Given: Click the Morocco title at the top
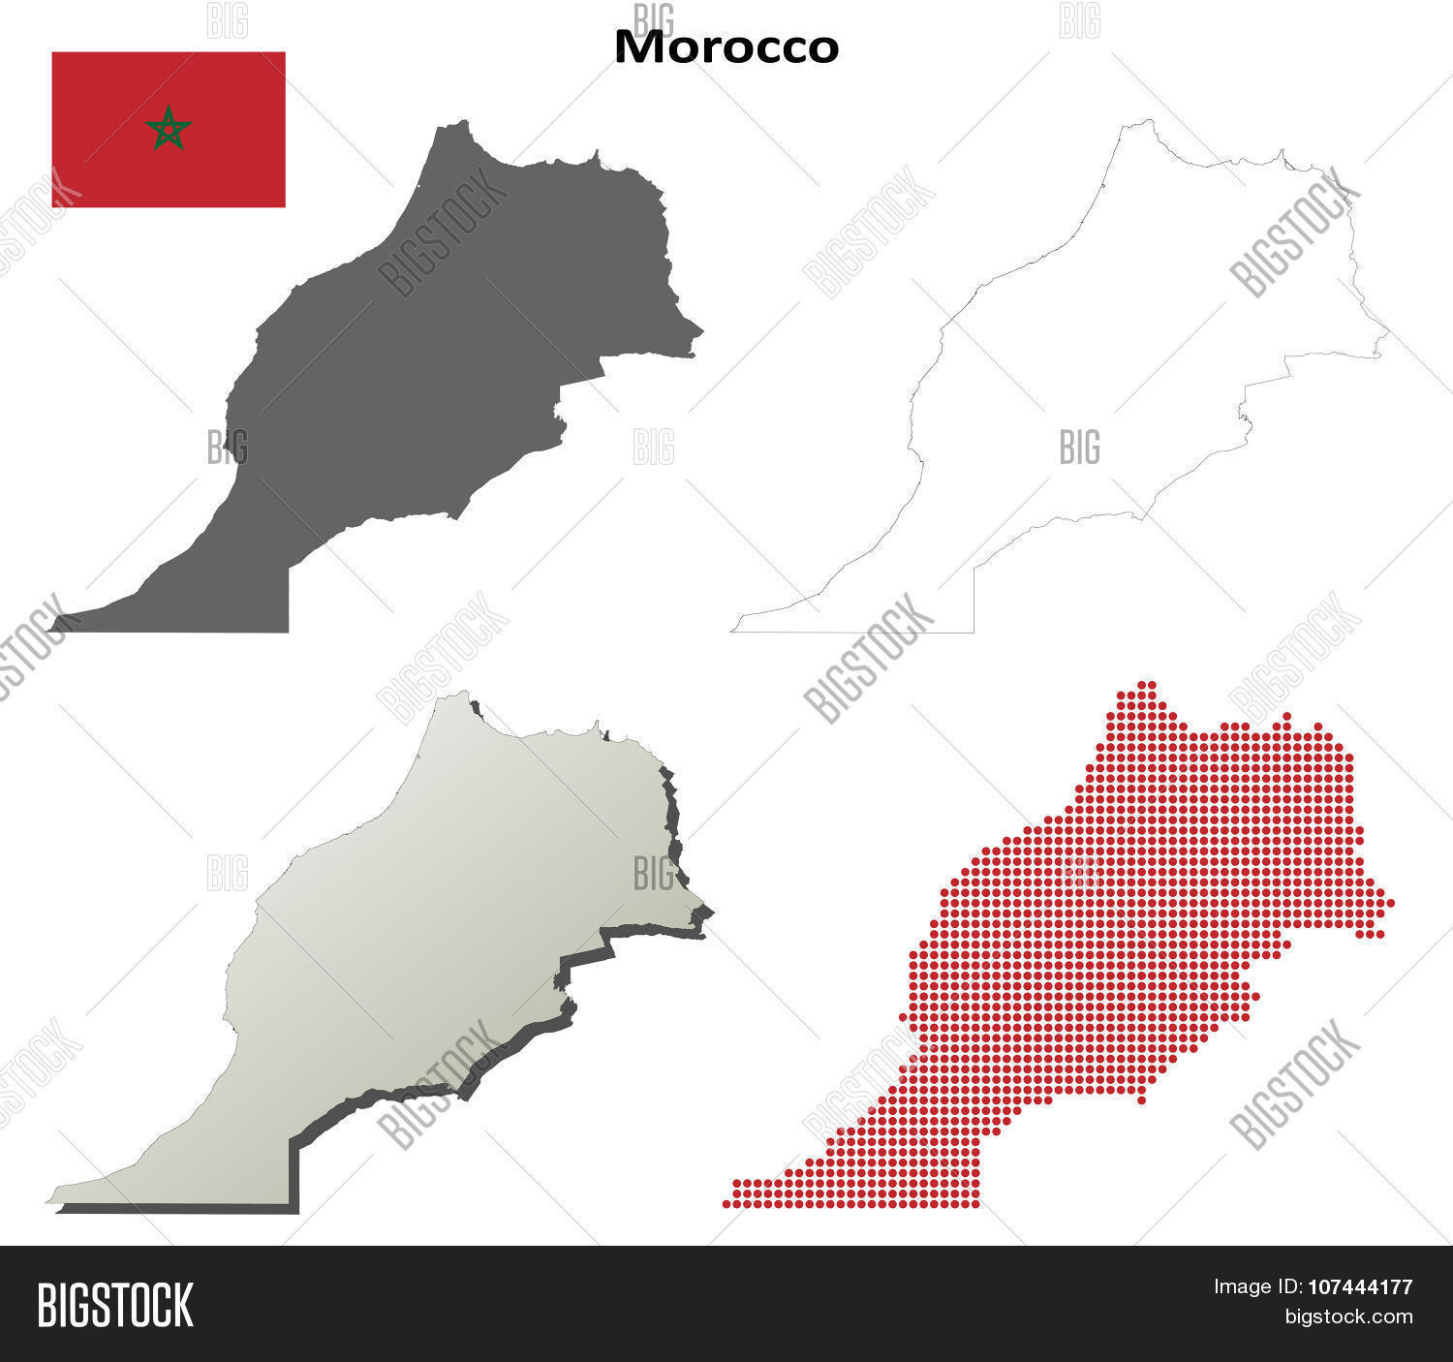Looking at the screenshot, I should (x=726, y=47).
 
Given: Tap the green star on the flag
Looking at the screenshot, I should (x=169, y=128).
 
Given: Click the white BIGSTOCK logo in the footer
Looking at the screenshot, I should (x=115, y=1305).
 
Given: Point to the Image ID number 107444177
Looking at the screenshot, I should (x=1360, y=1287).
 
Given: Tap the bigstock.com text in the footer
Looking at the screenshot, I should (x=1348, y=1316).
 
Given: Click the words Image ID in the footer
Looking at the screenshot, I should (x=1253, y=1287).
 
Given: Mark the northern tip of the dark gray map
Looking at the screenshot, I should (x=465, y=122).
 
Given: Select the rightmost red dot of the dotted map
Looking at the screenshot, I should (x=1390, y=903).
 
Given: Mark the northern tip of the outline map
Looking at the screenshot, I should (x=1149, y=121).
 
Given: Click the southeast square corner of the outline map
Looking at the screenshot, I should (x=973, y=632).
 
